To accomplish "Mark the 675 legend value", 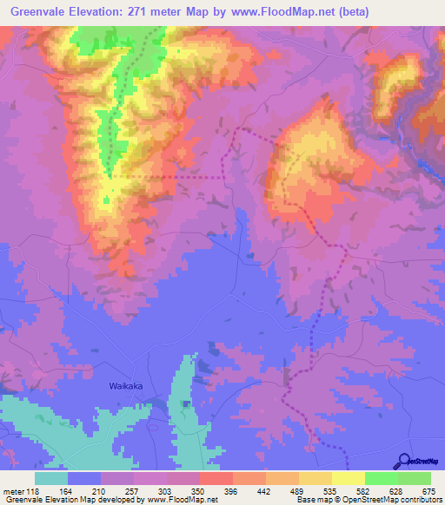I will point(428,491).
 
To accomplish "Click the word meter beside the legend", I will point(13,491).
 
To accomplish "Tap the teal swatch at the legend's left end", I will point(51,479).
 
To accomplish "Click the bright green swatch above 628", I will point(381,479).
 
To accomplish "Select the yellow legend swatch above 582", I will point(348,479).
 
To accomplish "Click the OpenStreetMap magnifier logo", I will point(405,461).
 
